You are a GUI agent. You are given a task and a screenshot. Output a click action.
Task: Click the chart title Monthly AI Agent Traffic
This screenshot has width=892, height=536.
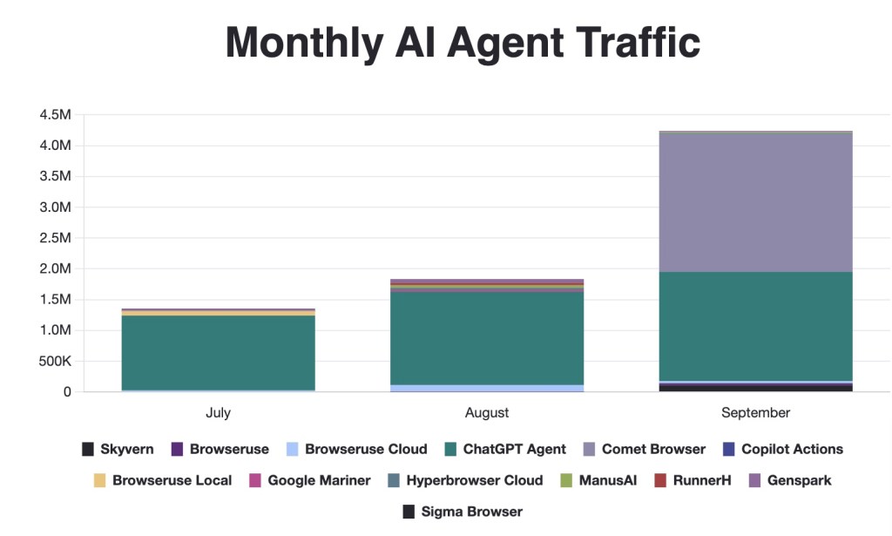(x=463, y=42)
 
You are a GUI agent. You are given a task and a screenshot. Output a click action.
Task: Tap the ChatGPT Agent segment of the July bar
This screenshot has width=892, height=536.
(x=218, y=352)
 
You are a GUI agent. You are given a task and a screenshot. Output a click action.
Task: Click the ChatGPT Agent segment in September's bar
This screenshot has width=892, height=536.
(x=755, y=326)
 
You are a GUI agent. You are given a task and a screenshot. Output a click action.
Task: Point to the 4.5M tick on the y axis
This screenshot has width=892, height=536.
(x=55, y=114)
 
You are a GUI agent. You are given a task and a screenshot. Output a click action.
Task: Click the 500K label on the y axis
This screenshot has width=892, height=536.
(x=54, y=361)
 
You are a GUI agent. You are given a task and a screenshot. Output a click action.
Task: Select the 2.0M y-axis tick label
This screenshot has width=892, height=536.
(x=55, y=268)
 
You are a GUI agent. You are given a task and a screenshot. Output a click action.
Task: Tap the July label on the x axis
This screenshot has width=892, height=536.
(x=218, y=412)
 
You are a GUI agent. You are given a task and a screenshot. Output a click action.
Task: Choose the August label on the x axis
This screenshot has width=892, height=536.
(x=487, y=412)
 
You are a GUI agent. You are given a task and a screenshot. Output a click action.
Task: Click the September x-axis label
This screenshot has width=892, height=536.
(x=755, y=412)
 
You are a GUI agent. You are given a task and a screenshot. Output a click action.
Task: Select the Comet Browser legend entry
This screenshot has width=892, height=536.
(x=653, y=450)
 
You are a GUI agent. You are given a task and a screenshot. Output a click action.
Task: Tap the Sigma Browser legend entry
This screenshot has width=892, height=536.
(x=471, y=512)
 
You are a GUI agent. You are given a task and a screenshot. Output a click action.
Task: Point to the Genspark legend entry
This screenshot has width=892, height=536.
(x=799, y=480)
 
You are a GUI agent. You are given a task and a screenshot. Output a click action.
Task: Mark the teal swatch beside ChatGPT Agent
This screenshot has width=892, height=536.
(x=451, y=450)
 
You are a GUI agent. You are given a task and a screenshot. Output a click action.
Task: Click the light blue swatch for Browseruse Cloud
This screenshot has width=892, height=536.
(x=293, y=450)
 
